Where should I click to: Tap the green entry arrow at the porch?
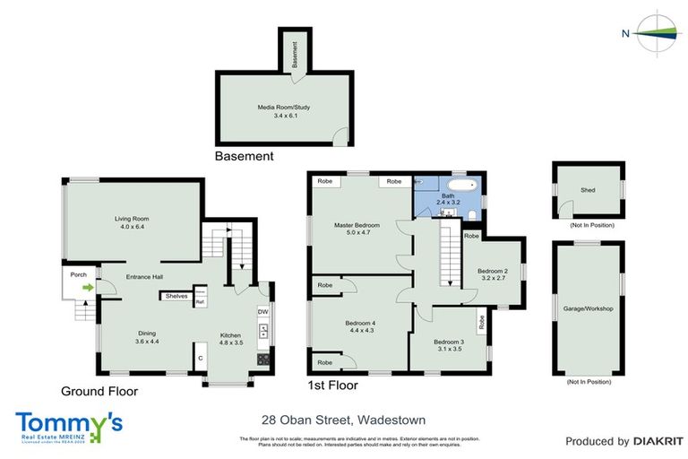coord(88,288)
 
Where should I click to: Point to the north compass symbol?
coord(657,34)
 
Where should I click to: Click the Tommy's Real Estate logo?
coord(69,426)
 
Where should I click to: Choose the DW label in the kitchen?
coord(262,311)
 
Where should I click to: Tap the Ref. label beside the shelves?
coord(200,302)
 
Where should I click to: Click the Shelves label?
coord(175,295)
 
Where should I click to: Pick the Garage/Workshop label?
coord(588,308)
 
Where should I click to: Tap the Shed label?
coord(588,187)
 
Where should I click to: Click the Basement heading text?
coord(244,156)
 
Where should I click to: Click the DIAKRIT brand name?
coord(658,441)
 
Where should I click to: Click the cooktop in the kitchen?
coord(263,359)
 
